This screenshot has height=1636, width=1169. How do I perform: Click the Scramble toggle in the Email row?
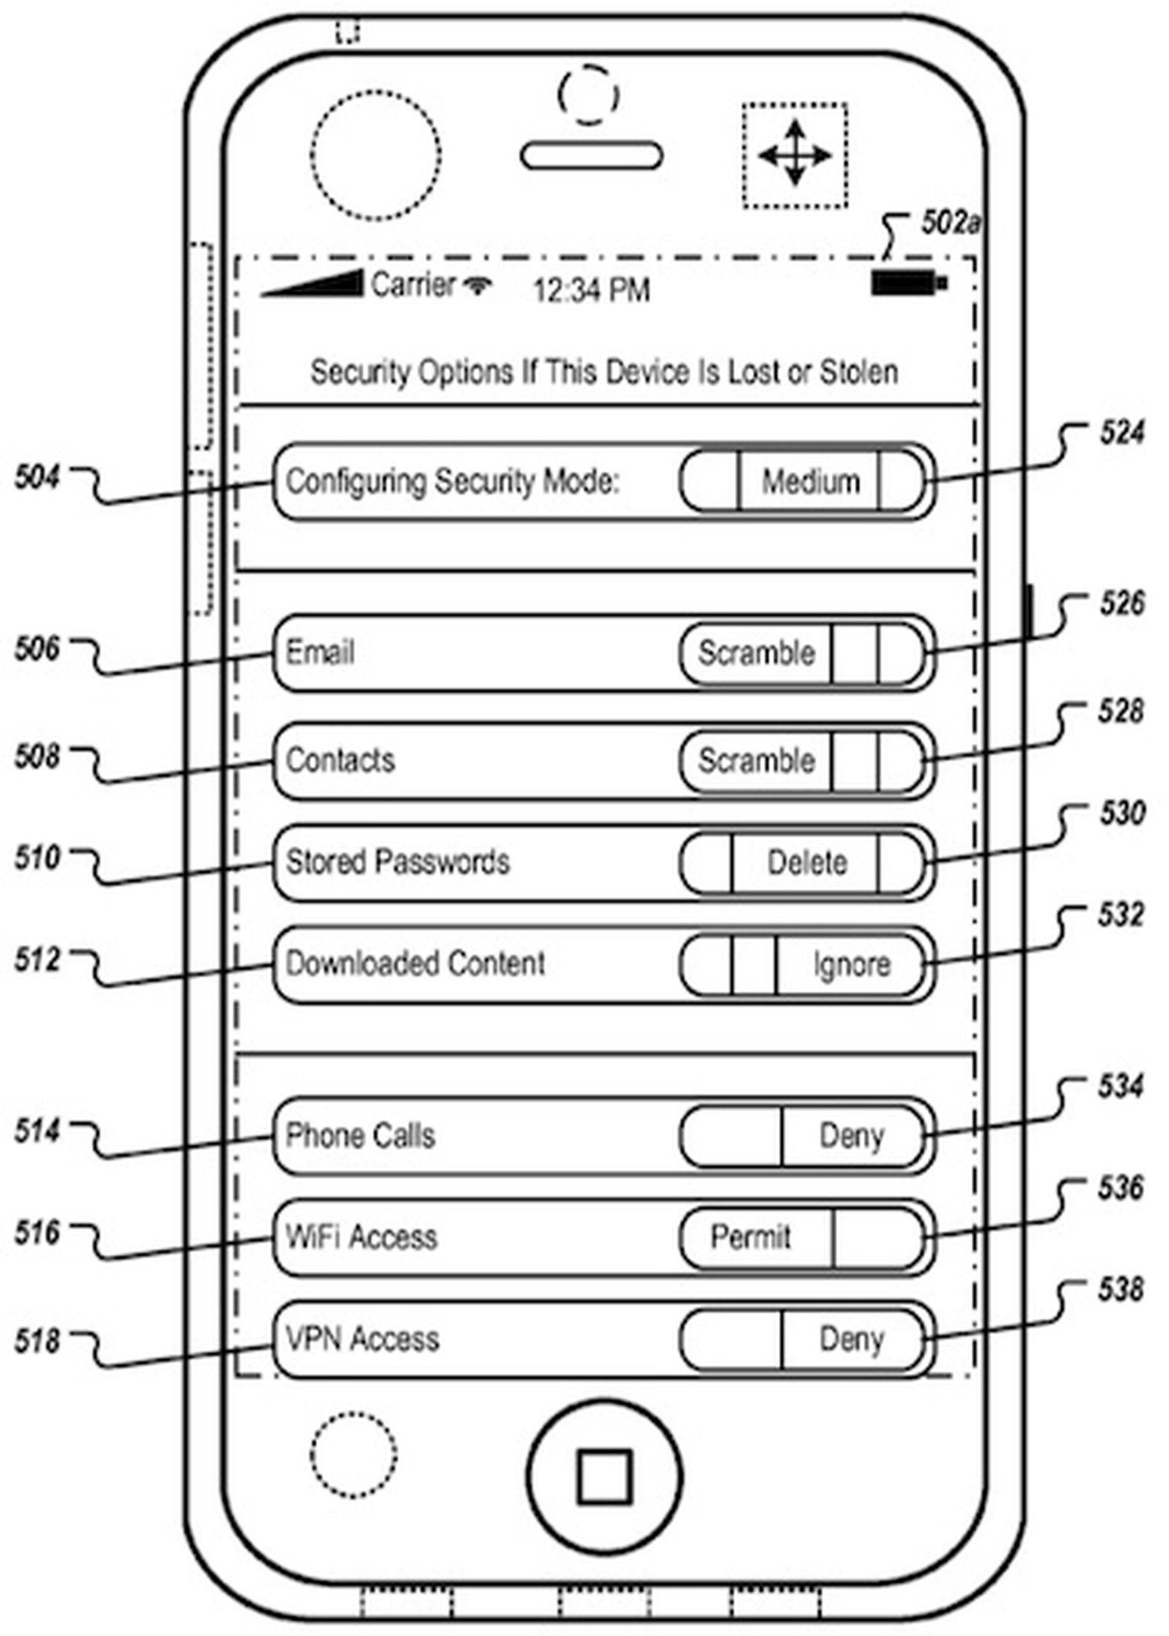756,652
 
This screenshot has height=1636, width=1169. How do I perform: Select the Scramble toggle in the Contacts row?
756,760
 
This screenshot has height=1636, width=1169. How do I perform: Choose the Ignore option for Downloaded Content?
851,964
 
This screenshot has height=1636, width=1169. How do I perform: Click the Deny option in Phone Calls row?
851,1136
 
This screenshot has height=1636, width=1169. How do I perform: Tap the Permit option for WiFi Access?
750,1237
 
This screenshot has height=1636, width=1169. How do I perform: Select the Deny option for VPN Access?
851,1339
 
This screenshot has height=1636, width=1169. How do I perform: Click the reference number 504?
37,478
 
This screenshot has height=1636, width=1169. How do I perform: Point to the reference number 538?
1119,1289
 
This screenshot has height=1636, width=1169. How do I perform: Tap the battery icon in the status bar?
908,283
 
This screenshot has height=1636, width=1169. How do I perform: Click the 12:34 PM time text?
590,291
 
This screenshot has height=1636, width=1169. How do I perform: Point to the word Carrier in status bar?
413,284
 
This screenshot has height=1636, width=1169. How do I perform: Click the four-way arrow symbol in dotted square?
795,155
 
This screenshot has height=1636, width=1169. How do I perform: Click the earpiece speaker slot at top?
591,156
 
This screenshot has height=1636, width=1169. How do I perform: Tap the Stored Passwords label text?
397,862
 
